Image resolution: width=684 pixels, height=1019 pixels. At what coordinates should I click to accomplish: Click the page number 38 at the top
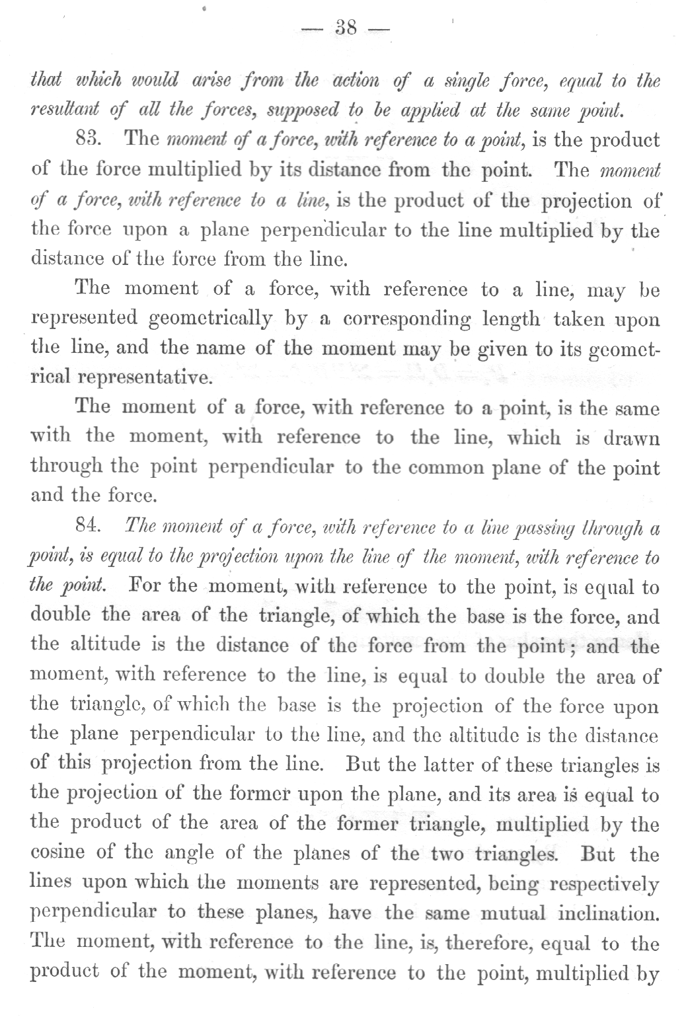click(346, 28)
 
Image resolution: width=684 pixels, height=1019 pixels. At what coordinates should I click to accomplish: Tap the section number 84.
click(87, 526)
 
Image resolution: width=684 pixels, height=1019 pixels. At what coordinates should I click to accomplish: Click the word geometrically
click(210, 319)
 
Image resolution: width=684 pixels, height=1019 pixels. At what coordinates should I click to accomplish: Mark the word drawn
click(632, 437)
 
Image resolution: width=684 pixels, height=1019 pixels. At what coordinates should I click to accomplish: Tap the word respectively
click(602, 884)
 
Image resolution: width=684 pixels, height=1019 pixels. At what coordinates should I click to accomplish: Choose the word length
click(513, 319)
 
